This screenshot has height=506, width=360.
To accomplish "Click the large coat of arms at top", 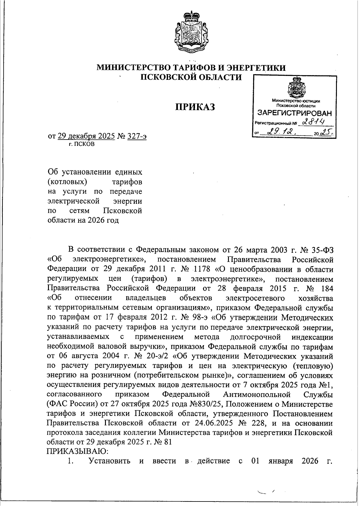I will (191, 32).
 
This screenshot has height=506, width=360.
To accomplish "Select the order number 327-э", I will (137, 136).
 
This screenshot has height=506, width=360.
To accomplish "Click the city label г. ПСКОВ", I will (81, 144).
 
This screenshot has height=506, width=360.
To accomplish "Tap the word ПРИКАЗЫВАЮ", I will (77, 451).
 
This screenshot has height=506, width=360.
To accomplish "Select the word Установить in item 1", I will (109, 461).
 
